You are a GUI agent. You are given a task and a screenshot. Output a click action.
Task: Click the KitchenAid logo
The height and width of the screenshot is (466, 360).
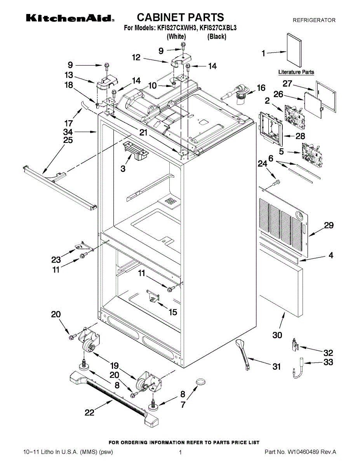click(70, 18)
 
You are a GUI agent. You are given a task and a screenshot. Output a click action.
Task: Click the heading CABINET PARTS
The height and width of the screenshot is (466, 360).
click(180, 17)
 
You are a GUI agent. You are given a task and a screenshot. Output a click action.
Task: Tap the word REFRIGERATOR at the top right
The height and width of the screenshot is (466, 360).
click(314, 20)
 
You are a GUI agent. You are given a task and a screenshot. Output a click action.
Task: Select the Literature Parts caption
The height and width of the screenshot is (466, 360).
click(296, 72)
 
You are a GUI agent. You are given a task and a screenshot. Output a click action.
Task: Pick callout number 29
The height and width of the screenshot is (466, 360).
click(329, 225)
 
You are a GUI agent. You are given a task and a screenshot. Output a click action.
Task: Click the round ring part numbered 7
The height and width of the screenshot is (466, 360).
click(200, 382)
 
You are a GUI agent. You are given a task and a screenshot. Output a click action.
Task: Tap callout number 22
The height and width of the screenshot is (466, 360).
click(89, 413)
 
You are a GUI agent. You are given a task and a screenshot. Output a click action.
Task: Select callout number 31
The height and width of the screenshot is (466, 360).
click(276, 366)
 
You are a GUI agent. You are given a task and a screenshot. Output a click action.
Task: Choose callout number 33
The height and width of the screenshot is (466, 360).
click(328, 362)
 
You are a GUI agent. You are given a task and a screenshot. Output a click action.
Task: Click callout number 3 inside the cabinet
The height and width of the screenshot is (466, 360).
click(123, 169)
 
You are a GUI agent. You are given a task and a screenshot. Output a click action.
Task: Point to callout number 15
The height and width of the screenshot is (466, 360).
click(172, 312)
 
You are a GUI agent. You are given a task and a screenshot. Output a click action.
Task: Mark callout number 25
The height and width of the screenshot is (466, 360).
click(68, 140)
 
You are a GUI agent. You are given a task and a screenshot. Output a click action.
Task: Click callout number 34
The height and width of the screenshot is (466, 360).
click(68, 132)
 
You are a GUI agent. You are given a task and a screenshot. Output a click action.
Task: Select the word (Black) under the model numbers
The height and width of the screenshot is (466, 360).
click(217, 37)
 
